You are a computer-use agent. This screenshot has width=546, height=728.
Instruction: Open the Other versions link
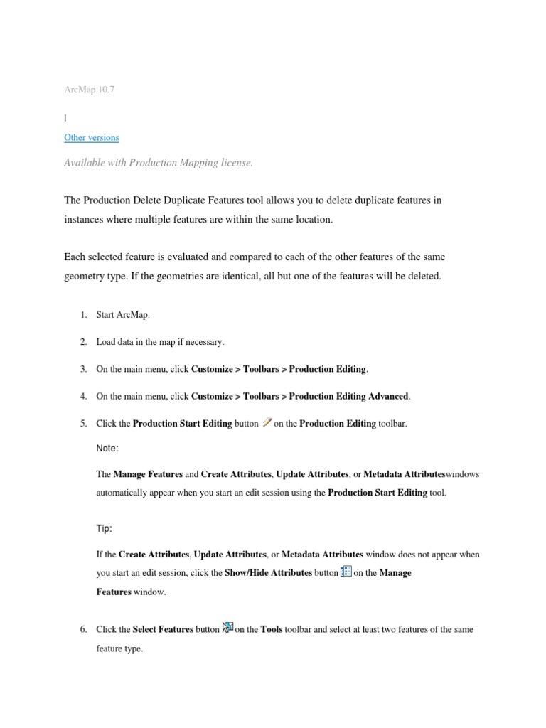(x=91, y=137)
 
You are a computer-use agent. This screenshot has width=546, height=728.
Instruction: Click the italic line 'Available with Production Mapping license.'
(x=158, y=163)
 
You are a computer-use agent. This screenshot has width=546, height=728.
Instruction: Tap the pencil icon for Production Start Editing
(x=267, y=422)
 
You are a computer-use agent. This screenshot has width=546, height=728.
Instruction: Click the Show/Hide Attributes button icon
(x=346, y=572)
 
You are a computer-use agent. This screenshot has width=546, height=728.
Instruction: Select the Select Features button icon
(x=227, y=627)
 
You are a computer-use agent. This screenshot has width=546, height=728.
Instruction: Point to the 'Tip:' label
(x=105, y=529)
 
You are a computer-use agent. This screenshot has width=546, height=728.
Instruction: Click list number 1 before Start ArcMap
(x=82, y=315)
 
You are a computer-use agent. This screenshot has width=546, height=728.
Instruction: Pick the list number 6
(x=82, y=630)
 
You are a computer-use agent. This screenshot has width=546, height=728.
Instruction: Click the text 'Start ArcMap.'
(x=124, y=315)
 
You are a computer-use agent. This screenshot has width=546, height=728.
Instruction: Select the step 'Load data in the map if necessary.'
(x=160, y=342)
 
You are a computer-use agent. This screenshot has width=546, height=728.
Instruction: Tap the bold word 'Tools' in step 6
(x=272, y=630)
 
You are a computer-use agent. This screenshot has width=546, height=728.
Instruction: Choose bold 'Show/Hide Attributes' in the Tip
(x=268, y=573)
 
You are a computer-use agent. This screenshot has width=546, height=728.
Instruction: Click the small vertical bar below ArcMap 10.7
(x=65, y=116)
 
